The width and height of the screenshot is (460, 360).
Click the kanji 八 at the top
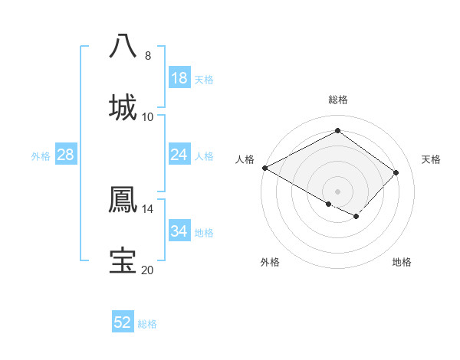(123, 45)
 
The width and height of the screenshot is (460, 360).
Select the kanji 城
(123, 106)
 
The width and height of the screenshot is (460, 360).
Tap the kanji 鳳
(123, 198)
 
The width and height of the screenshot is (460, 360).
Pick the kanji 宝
(123, 260)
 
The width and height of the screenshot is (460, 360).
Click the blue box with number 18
(179, 78)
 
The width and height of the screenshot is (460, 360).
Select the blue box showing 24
(179, 155)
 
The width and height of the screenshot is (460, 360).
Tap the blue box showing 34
(179, 231)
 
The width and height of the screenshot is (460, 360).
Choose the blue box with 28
(66, 155)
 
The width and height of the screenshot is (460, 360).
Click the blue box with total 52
(123, 322)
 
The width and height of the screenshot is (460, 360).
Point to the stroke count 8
(148, 55)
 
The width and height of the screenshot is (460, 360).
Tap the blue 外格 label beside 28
(41, 155)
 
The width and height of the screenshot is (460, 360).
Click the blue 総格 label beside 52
(147, 324)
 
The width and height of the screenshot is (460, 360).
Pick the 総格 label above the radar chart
(337, 100)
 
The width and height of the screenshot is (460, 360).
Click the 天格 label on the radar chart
(431, 159)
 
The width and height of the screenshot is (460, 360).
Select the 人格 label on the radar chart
(245, 159)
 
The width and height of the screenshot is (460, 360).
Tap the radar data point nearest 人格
(264, 168)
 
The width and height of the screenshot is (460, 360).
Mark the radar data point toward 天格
(396, 172)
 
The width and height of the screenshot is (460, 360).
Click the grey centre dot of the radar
(337, 191)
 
